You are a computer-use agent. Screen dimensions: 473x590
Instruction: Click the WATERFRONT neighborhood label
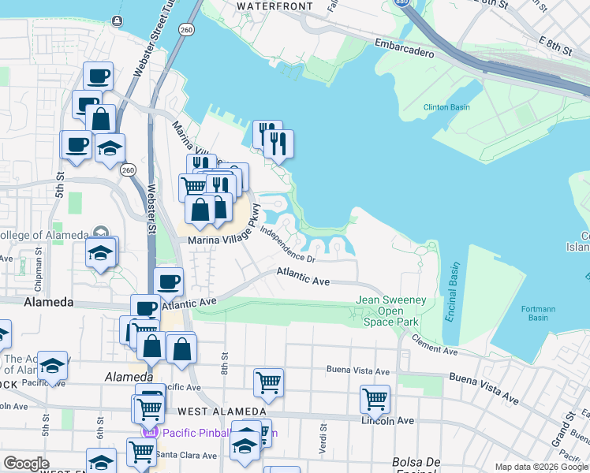pyautogui.click(x=274, y=6)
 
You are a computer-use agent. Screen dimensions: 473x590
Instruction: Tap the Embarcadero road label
pyautogui.click(x=405, y=49)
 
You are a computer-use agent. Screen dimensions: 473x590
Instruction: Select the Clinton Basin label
pyautogui.click(x=447, y=106)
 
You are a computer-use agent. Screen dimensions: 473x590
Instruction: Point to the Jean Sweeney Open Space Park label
pyautogui.click(x=391, y=311)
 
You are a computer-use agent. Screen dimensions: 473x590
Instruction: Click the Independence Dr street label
pyautogui.click(x=288, y=244)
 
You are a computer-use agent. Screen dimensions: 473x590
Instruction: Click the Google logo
pyautogui.click(x=26, y=464)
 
